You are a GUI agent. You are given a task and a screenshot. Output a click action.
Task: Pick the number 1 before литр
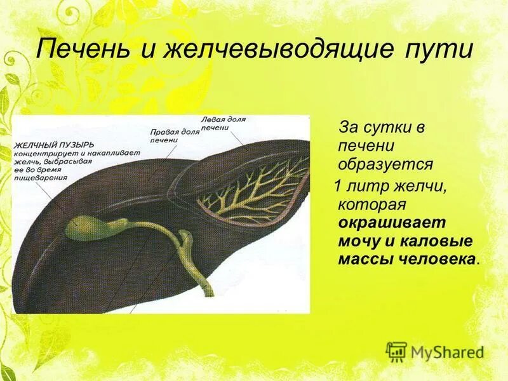pyautogui.click(x=339, y=186)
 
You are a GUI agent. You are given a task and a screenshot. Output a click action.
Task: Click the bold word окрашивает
pyautogui.click(x=392, y=224)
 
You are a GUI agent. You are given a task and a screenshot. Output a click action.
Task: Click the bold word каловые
pyautogui.click(x=433, y=241)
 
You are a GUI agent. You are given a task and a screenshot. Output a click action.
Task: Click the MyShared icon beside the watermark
pyautogui.click(x=396, y=351)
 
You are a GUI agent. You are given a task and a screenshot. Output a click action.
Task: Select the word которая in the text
pyautogui.click(x=371, y=204)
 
